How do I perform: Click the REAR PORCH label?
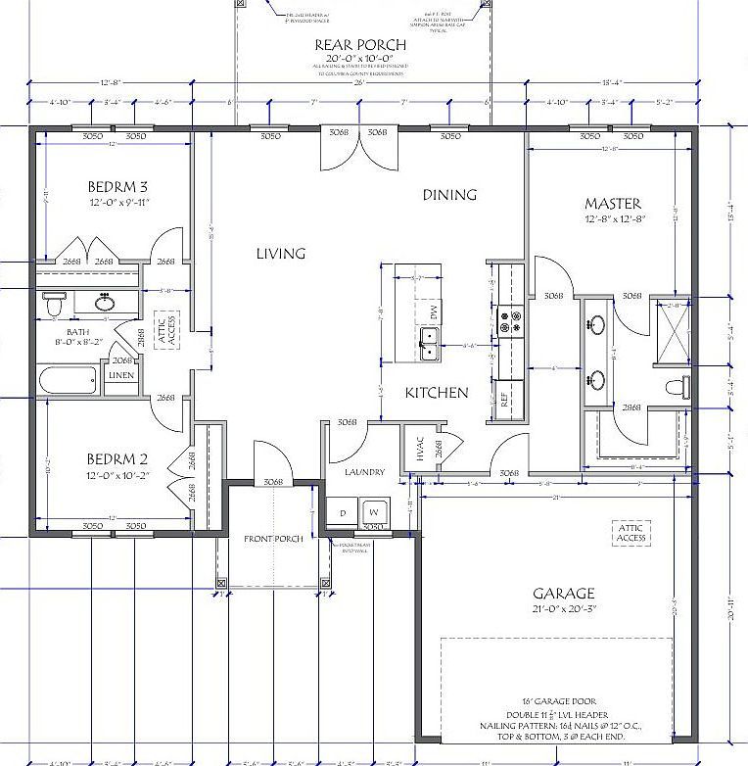point(354,45)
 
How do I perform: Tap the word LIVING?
point(281,254)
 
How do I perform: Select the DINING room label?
point(449,195)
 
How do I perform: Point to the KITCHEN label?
point(438,393)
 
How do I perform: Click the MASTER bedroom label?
point(613,204)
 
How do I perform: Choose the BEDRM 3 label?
point(117,186)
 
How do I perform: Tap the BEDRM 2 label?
point(117,458)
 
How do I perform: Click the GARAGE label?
point(563,594)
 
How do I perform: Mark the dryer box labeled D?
point(344,512)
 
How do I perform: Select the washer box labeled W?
point(374,512)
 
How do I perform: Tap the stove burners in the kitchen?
point(510,321)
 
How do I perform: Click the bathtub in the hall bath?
point(69,379)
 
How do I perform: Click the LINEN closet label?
point(121,376)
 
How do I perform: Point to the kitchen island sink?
point(430,340)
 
